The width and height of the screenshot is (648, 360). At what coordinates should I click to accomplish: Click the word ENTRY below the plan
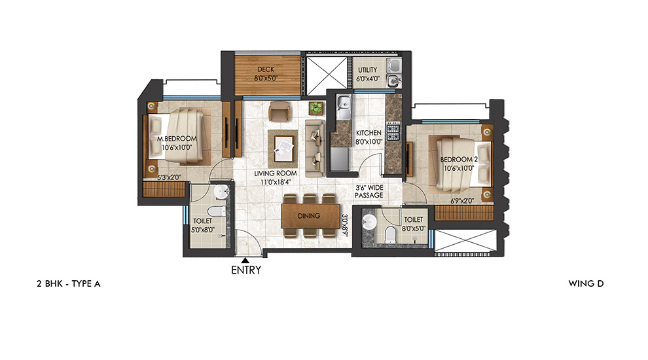pyautogui.click(x=245, y=270)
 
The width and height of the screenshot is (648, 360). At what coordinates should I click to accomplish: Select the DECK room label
pyautogui.click(x=264, y=69)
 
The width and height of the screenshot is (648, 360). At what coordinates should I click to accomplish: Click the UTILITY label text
pyautogui.click(x=368, y=69)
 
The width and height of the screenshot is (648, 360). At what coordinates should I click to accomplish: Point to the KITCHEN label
pyautogui.click(x=368, y=133)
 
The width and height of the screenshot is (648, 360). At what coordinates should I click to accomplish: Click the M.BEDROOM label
pyautogui.click(x=177, y=138)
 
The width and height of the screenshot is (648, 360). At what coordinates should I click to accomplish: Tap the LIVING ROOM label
pyautogui.click(x=276, y=173)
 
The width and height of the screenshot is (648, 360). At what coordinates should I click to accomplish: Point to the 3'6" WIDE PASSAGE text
pyautogui.click(x=369, y=191)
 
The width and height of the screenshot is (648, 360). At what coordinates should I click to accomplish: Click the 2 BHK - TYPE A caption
pyautogui.click(x=68, y=283)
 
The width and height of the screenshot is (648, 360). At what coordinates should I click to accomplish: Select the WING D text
pyautogui.click(x=586, y=283)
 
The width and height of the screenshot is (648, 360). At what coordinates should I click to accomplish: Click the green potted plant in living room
pyautogui.click(x=317, y=107)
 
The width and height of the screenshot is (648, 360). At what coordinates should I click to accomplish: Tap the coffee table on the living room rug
pyautogui.click(x=283, y=145)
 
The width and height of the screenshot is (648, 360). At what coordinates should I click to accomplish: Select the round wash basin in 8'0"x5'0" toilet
pyautogui.click(x=370, y=221)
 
